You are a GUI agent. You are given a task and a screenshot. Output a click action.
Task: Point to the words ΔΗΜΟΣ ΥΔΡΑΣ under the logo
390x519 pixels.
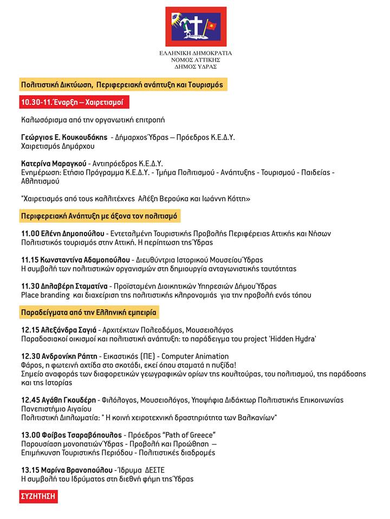(x=196, y=66)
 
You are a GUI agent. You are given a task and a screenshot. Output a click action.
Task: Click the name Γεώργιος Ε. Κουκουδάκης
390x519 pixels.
(x=64, y=137)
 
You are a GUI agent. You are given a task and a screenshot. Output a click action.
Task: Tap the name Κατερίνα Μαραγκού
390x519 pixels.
(x=50, y=163)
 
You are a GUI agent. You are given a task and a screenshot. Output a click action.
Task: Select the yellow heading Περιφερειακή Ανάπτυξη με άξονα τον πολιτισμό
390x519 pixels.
(x=100, y=216)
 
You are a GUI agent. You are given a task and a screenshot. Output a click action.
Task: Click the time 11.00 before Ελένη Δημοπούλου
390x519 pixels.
(x=30, y=234)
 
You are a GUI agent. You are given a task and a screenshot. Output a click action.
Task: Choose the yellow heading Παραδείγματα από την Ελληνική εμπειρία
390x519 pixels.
(x=89, y=312)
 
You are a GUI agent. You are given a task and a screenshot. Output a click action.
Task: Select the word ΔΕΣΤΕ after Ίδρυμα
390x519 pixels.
(x=154, y=470)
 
